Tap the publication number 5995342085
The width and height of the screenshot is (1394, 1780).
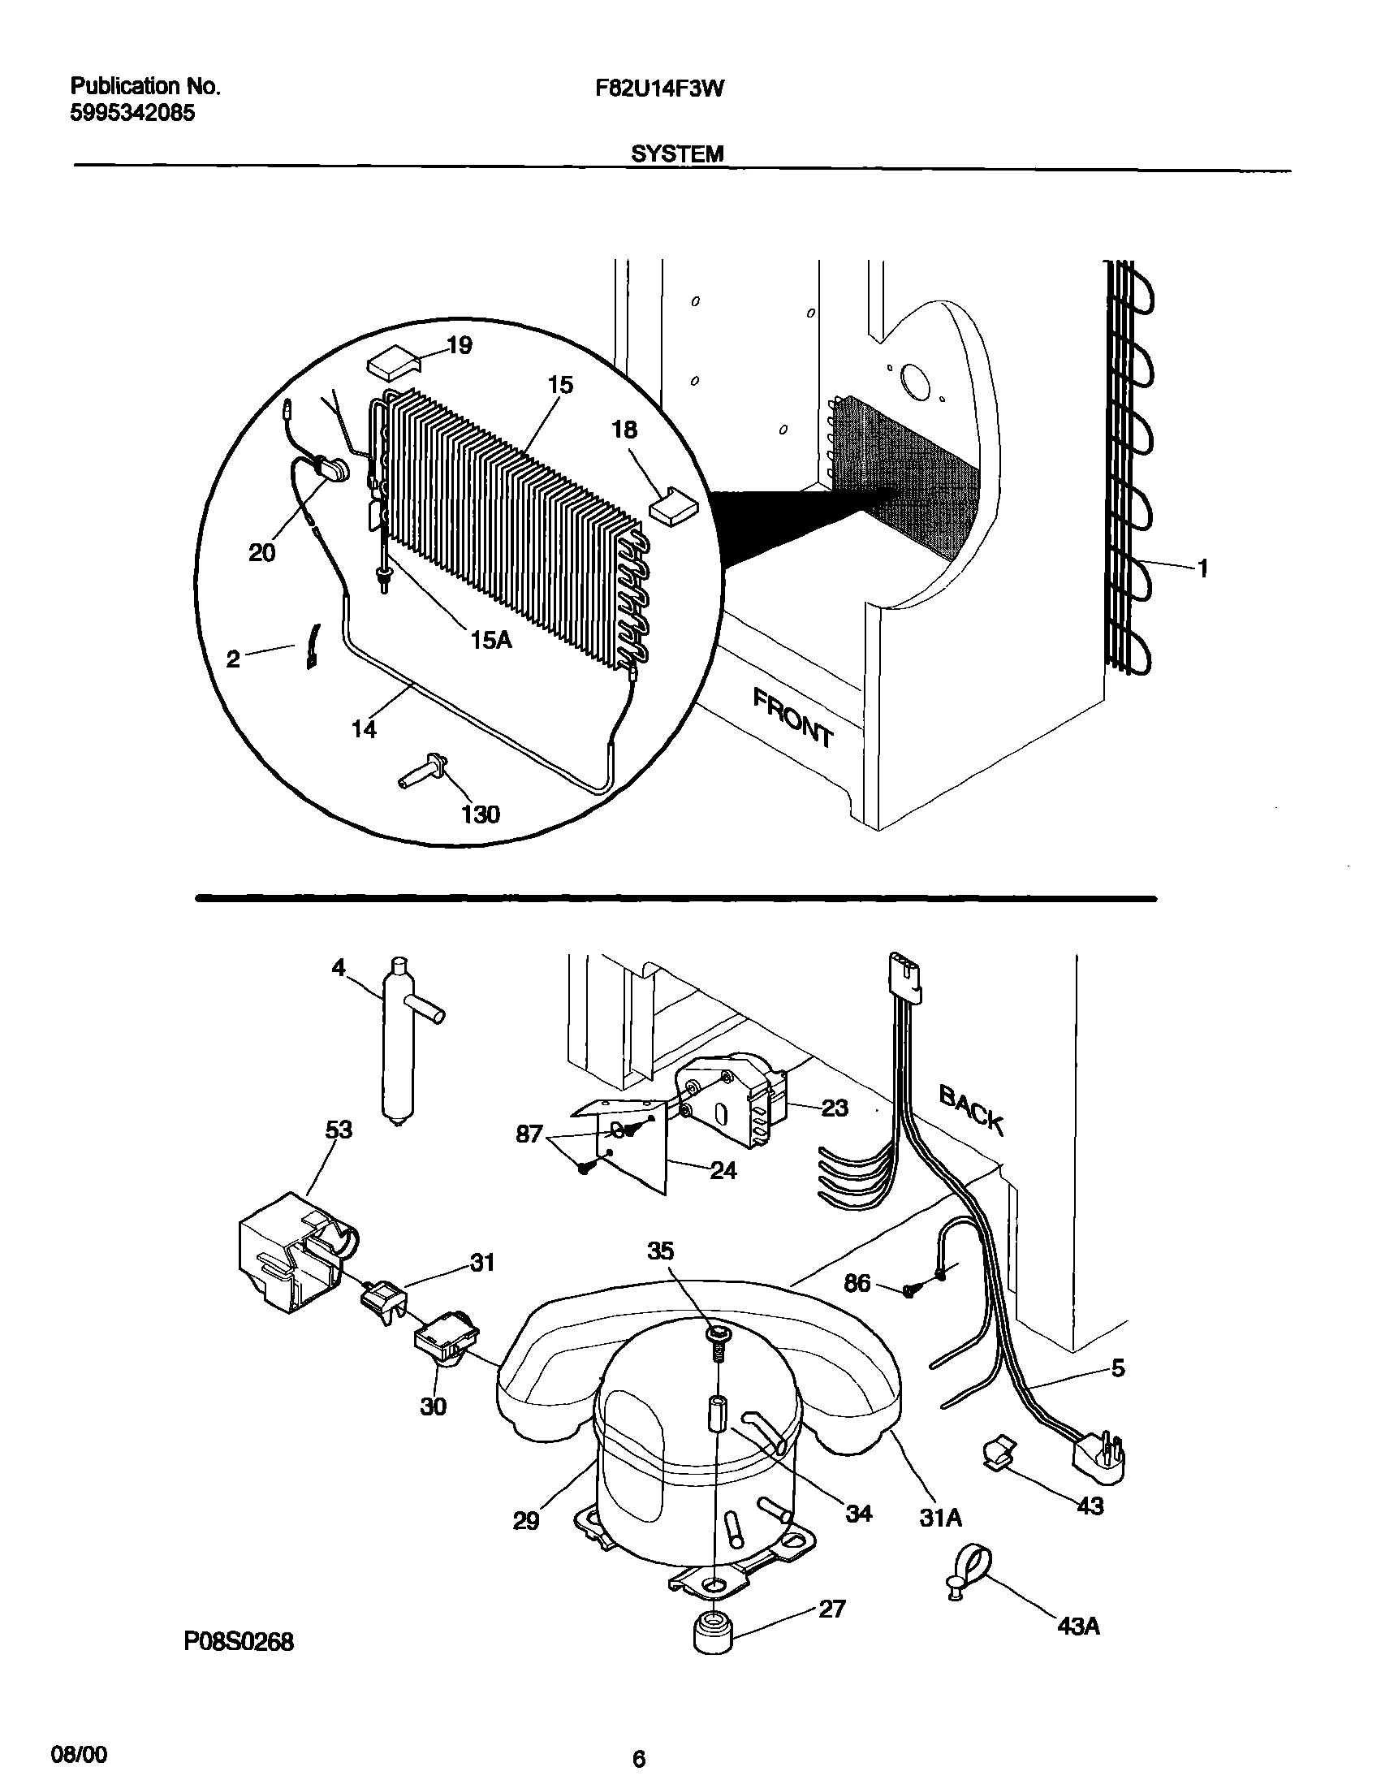(x=132, y=114)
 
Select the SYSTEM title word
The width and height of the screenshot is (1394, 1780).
(x=676, y=153)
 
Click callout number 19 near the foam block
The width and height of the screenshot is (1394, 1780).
(x=460, y=345)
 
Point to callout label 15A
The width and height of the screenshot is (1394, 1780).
(x=491, y=640)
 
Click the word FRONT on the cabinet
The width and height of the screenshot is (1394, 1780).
(x=792, y=717)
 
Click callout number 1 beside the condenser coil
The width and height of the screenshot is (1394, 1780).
(x=1202, y=568)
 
